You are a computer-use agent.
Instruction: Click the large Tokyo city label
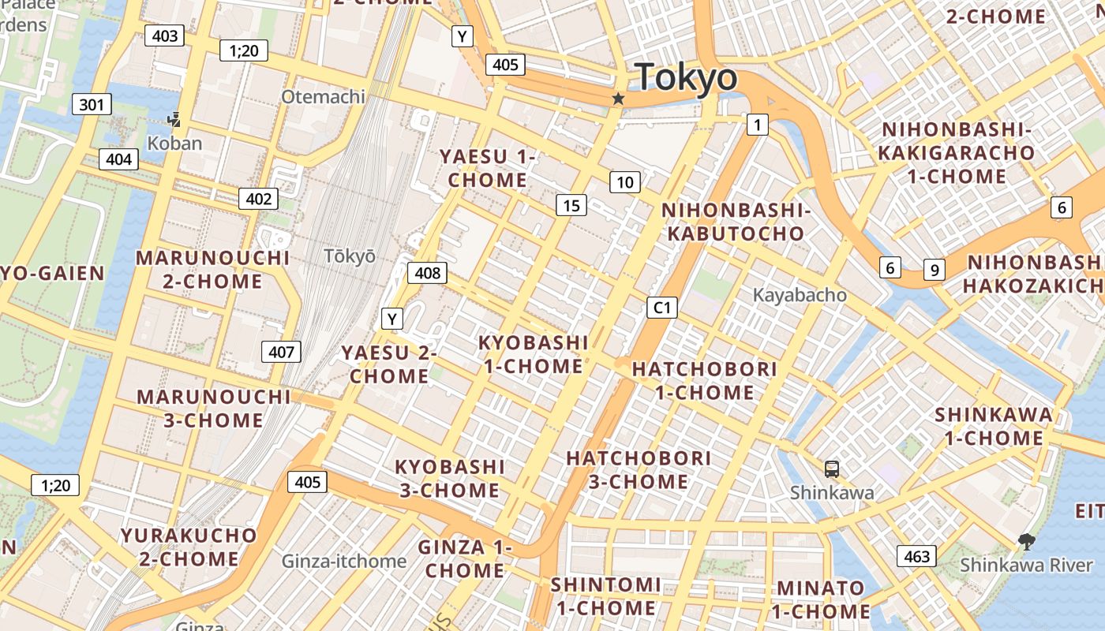[x=686, y=77]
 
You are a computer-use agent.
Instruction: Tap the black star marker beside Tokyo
[x=618, y=99]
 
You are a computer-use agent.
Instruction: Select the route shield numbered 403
[x=165, y=35]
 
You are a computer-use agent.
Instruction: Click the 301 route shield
[x=92, y=104]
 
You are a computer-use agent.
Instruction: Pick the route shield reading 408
[x=427, y=273]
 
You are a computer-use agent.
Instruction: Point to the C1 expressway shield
[x=662, y=307]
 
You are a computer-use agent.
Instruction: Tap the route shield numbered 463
[x=917, y=556]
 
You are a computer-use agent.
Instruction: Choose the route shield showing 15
[x=571, y=206]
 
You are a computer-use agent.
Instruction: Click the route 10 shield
[x=624, y=183]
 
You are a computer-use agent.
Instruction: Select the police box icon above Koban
[x=174, y=120]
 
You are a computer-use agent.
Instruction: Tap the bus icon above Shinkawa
[x=832, y=469]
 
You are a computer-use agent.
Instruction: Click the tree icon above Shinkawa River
[x=1026, y=542]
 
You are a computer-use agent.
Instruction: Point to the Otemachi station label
[x=324, y=96]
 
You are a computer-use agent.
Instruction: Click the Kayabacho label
[x=800, y=295]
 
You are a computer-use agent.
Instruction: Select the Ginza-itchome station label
[x=344, y=562]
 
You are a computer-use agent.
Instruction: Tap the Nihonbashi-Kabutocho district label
[x=736, y=222]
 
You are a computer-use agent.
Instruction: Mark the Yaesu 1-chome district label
[x=488, y=169]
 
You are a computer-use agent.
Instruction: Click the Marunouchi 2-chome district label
[x=213, y=270]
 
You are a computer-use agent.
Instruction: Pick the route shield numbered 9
[x=934, y=270]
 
